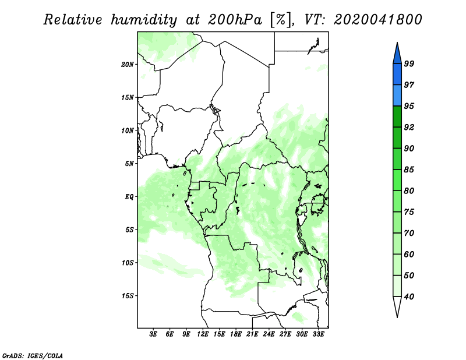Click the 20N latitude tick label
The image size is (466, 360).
tap(128, 65)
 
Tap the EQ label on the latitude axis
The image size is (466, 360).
tap(129, 197)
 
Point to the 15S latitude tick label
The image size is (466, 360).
tap(128, 296)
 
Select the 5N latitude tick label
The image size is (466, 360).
tap(129, 164)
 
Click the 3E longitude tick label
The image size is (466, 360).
tap(153, 334)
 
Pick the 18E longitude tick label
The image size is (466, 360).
tap(236, 334)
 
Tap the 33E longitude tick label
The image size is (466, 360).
tap(318, 334)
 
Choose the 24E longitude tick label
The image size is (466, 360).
tap(269, 334)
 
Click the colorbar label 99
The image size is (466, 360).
tap(409, 63)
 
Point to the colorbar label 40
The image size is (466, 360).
tap(409, 297)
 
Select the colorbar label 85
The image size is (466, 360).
tap(409, 170)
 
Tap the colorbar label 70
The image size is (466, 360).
tap(409, 233)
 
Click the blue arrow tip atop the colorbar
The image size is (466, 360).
tap(397, 43)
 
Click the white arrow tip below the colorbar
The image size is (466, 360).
tap(397, 317)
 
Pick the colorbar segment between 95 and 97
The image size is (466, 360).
tap(397, 96)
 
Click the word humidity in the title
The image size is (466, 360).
tap(144, 20)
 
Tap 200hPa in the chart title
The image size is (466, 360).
tap(235, 20)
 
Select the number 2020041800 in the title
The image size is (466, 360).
tap(377, 20)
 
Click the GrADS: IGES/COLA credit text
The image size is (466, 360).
tap(33, 355)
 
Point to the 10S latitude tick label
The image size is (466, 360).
tap(128, 263)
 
